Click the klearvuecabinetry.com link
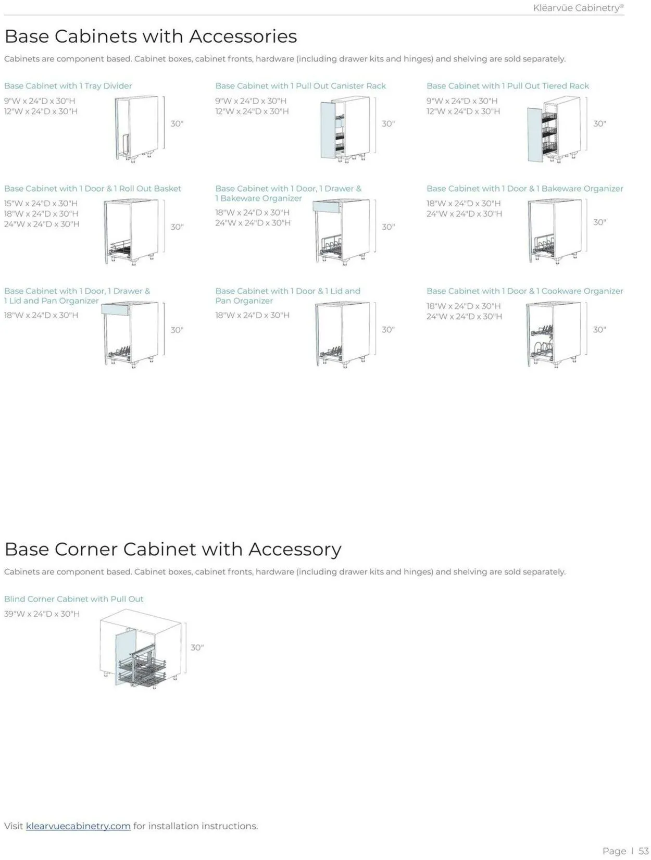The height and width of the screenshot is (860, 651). tap(78, 826)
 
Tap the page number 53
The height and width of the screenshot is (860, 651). tap(643, 851)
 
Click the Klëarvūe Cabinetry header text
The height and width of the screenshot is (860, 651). tap(578, 8)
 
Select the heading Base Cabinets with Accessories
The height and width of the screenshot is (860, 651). tap(151, 36)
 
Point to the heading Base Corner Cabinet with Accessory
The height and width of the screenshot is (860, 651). tap(172, 549)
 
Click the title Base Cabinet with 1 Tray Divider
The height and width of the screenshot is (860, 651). tap(68, 85)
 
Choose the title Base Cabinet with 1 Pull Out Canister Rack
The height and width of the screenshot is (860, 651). tap(301, 85)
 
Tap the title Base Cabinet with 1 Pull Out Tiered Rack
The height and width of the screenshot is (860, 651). tap(508, 85)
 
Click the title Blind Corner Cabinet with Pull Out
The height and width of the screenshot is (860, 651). tap(73, 599)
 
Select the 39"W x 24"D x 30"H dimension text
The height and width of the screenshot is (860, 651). tap(42, 614)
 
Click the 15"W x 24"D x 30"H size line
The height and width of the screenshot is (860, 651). tap(41, 203)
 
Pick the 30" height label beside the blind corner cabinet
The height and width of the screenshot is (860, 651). tap(197, 647)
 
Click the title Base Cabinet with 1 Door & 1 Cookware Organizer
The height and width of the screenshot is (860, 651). tap(524, 291)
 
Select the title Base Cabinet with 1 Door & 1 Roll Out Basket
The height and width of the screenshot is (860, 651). tap(93, 188)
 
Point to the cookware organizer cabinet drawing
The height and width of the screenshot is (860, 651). tap(552, 334)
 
